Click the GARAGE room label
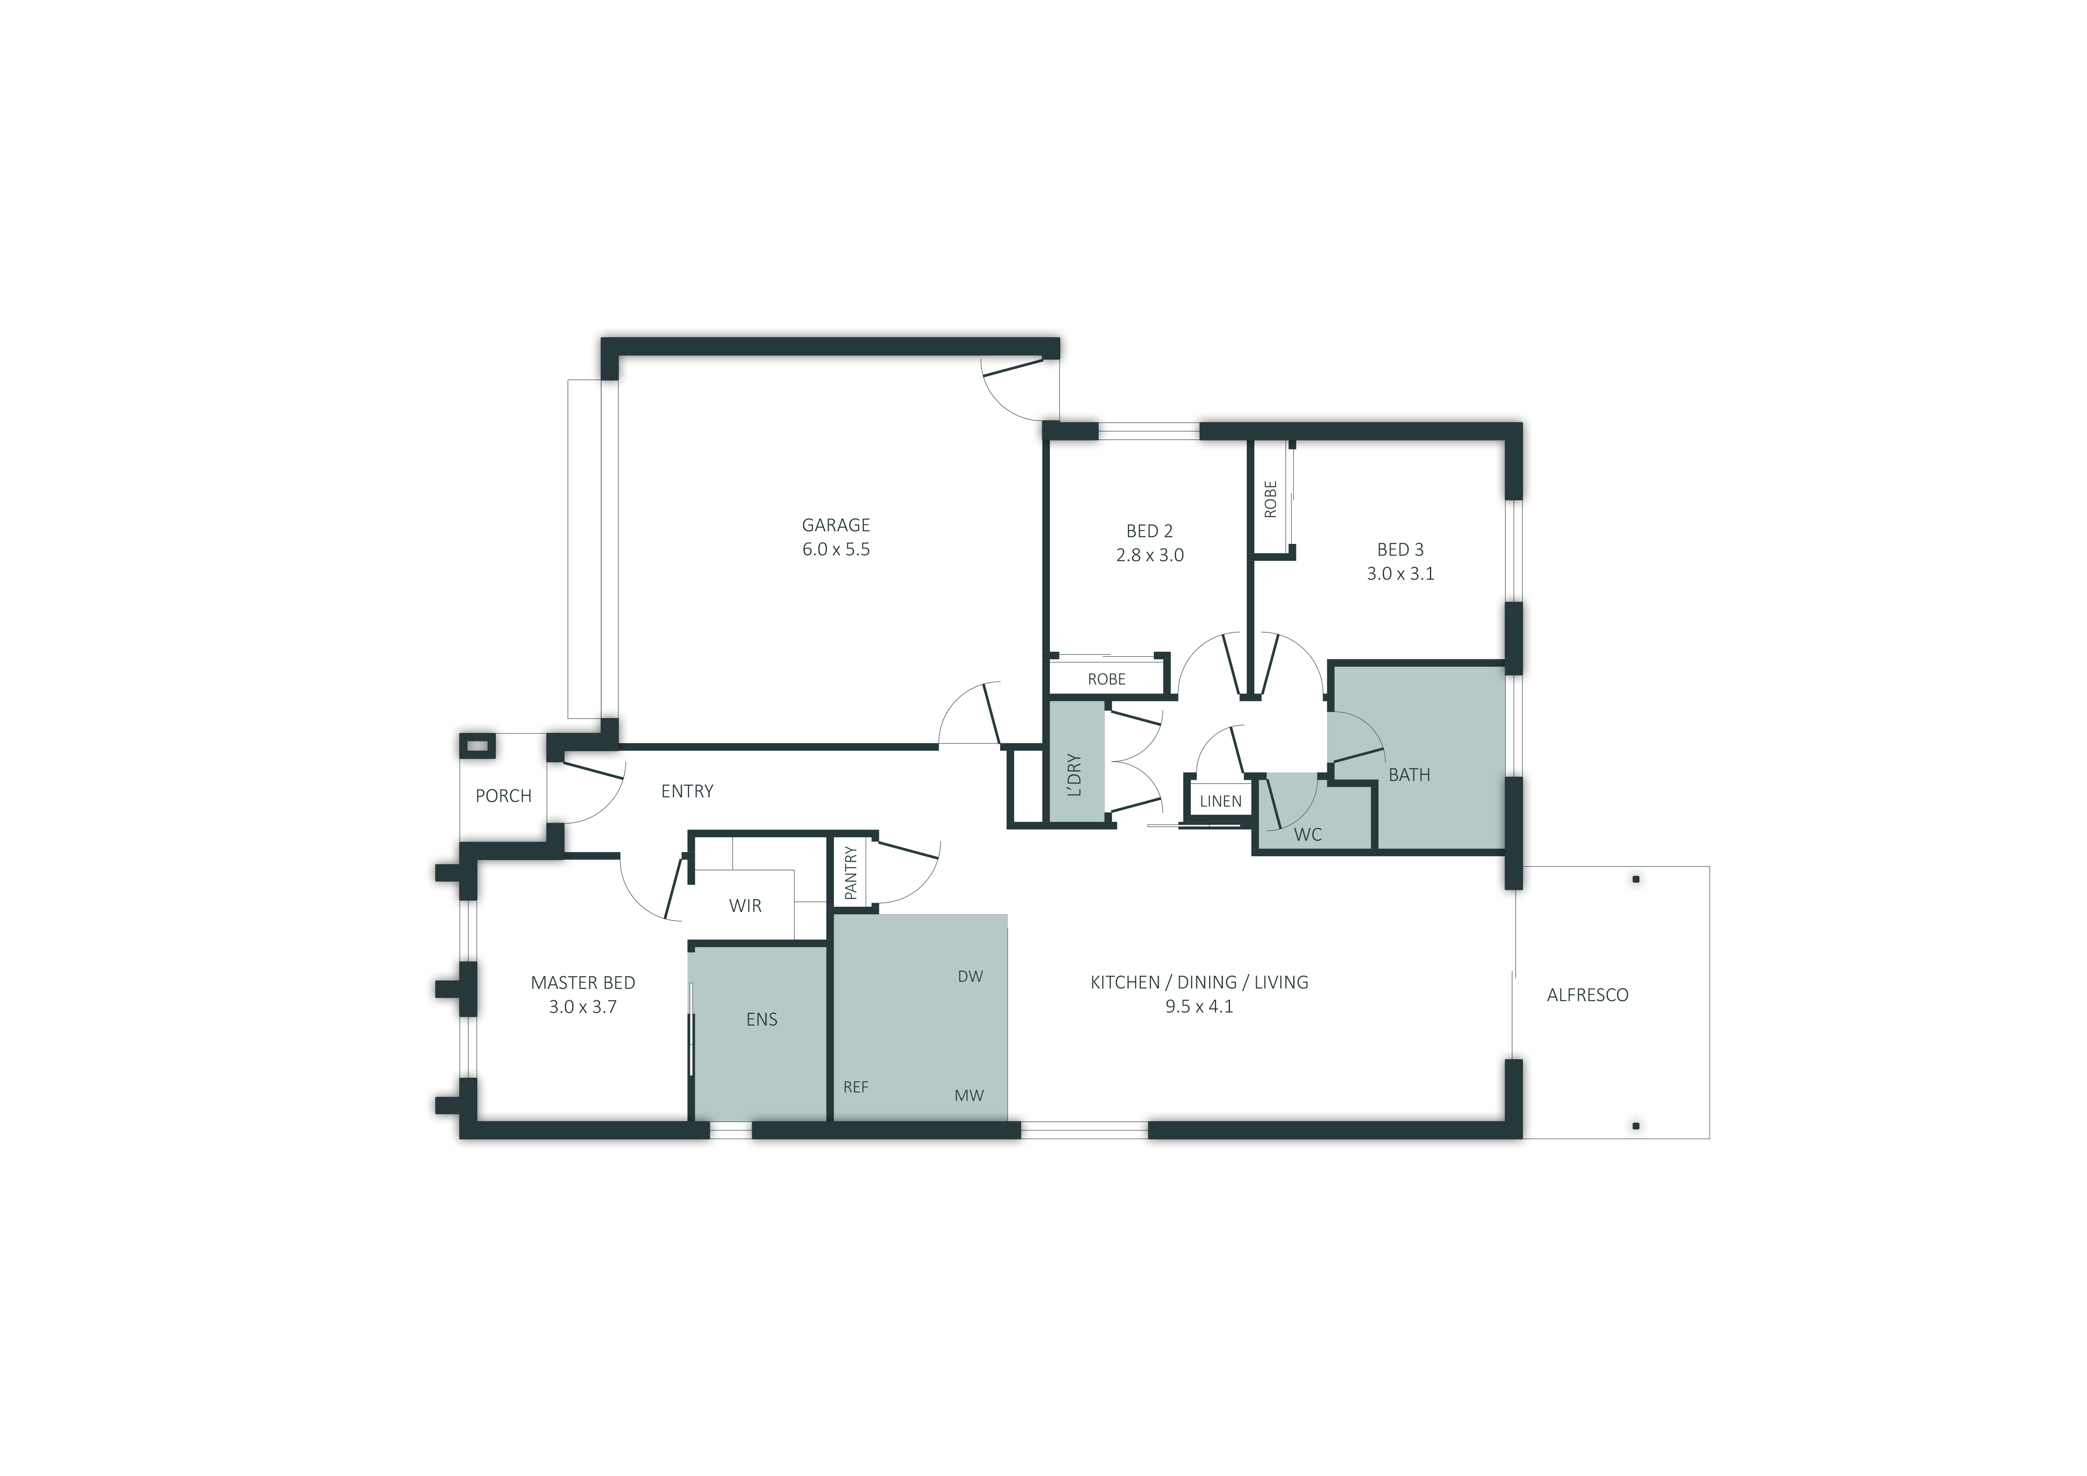pyautogui.click(x=835, y=525)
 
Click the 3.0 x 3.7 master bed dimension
pyautogui.click(x=583, y=1007)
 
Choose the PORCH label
pyautogui.click(x=503, y=796)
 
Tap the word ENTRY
pyautogui.click(x=687, y=791)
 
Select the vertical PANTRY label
pyautogui.click(x=851, y=874)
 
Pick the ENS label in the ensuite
pyautogui.click(x=762, y=1020)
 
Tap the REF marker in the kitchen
pyautogui.click(x=855, y=1087)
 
